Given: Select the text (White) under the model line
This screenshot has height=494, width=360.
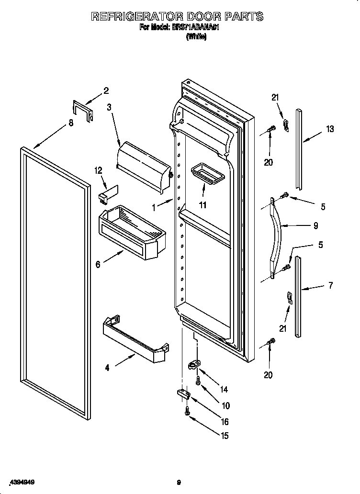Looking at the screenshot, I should [x=196, y=37].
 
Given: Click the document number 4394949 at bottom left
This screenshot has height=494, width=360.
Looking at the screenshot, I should [x=19, y=483].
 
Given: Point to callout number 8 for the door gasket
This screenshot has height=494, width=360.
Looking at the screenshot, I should [x=71, y=123].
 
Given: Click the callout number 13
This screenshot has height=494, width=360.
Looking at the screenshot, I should [x=330, y=129].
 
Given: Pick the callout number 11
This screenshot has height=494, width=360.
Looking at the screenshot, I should [x=202, y=205].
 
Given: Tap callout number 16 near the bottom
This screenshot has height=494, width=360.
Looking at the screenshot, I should [x=224, y=422].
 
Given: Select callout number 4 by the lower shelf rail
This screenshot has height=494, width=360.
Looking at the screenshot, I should [x=107, y=368].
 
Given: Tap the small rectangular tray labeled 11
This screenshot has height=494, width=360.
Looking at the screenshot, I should [x=207, y=173].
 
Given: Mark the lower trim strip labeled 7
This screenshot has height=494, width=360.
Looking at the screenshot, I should [x=298, y=297].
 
